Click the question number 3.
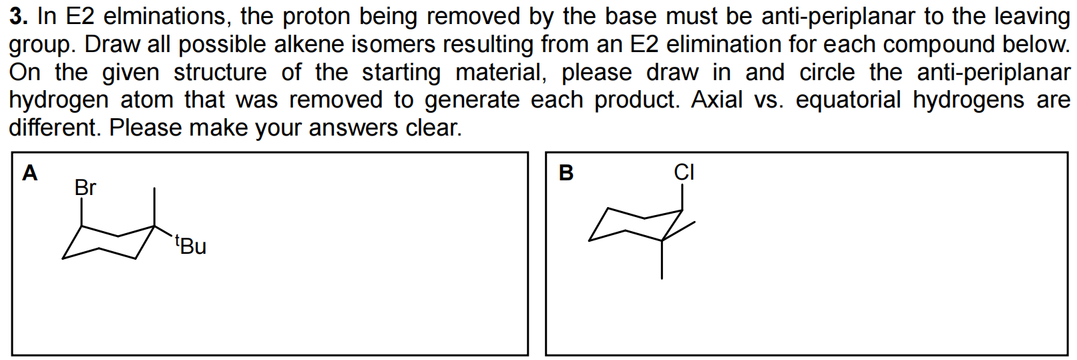(17, 17)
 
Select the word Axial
(716, 100)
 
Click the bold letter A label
(30, 174)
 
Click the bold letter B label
(565, 174)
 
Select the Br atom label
(85, 188)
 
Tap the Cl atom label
(684, 173)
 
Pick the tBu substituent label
(190, 246)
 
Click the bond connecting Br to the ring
(81, 212)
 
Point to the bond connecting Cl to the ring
(682, 197)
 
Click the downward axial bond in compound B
(662, 259)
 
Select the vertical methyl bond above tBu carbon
(155, 207)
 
